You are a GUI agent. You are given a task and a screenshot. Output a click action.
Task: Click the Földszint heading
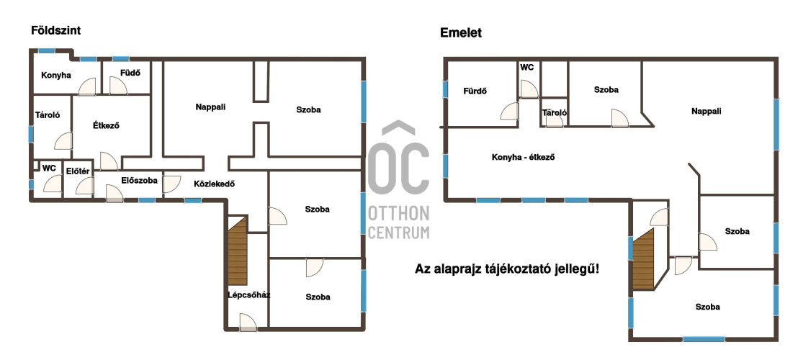[56, 30]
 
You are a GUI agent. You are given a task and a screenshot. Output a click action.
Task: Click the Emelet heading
[461, 33]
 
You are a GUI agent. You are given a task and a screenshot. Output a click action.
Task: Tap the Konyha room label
[56, 76]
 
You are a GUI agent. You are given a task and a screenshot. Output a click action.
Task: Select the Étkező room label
[106, 125]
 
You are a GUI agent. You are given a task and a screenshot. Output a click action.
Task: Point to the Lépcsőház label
[249, 295]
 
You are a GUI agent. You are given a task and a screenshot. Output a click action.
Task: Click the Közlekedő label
[214, 184]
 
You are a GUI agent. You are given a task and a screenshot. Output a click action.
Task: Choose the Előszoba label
[140, 180]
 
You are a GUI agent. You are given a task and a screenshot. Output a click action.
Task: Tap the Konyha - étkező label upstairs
[523, 157]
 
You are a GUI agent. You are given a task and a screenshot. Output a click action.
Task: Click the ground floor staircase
[237, 251]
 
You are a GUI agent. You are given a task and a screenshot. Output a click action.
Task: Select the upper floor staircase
[642, 258]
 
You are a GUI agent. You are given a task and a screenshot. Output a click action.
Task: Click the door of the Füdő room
[118, 86]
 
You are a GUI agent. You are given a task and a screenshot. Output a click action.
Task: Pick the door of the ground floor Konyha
[87, 86]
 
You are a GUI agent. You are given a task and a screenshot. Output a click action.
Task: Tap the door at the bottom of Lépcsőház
[248, 323]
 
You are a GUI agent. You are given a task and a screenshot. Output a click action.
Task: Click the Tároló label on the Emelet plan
[555, 113]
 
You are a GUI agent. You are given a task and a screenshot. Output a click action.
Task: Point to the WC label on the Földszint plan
[49, 168]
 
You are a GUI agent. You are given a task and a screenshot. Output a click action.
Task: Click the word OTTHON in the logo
[398, 214]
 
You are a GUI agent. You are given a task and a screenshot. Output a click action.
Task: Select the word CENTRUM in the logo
[398, 233]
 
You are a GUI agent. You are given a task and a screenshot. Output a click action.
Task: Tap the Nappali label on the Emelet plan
[707, 111]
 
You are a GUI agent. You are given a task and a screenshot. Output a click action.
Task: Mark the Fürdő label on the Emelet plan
[475, 91]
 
